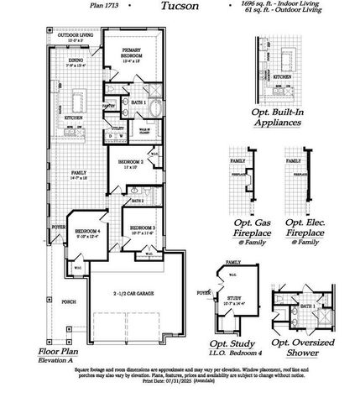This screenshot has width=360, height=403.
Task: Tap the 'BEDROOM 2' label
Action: coord(129,162)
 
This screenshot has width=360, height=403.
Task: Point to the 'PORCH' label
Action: coord(68,301)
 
